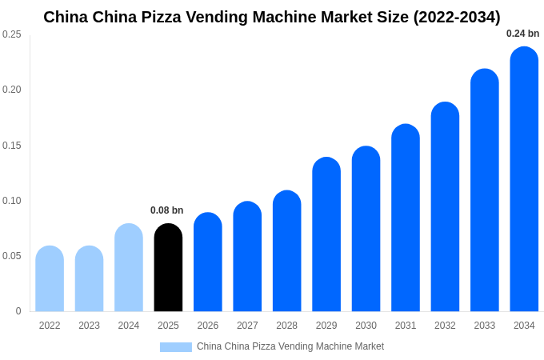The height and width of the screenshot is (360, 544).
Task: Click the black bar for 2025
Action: (168, 268)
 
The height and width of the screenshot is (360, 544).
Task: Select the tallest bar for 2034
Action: (524, 179)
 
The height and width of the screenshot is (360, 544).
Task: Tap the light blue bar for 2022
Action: (50, 279)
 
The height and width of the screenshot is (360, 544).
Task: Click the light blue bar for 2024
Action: (129, 268)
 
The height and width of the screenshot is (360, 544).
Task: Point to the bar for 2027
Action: (247, 257)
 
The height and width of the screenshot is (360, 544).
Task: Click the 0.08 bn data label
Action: (167, 210)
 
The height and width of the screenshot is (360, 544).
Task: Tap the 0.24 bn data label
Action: (522, 34)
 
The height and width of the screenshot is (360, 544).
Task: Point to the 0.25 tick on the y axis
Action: (12, 34)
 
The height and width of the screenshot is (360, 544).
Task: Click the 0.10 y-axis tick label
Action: (12, 201)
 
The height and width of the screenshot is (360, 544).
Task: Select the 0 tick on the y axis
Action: (18, 311)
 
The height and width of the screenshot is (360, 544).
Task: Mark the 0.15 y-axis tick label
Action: (12, 146)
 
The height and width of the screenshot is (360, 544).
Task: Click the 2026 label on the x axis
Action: (208, 326)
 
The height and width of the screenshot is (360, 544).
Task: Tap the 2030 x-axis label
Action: (366, 326)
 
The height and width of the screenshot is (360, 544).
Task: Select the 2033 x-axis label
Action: (485, 326)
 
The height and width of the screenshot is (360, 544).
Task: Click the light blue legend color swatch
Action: (176, 347)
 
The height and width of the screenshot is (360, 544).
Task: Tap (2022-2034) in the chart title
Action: (457, 17)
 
